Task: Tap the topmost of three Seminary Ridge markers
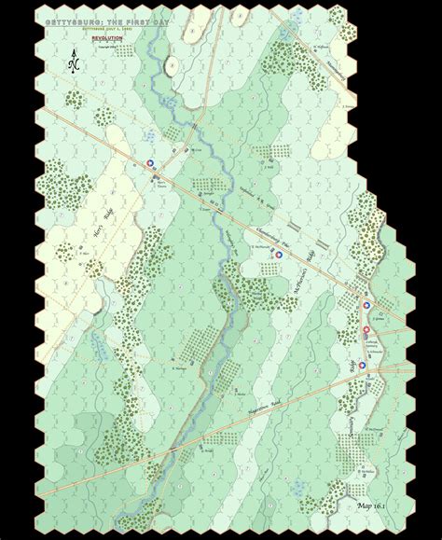[x=366, y=302]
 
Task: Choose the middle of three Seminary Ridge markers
[x=366, y=329]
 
